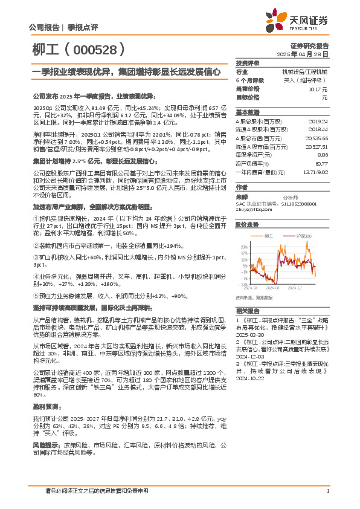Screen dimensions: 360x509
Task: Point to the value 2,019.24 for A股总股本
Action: (319, 121)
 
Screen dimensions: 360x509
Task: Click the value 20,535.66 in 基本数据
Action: (318, 138)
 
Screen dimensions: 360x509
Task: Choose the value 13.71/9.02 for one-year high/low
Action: (317, 172)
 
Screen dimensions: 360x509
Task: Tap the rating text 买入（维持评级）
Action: (310, 80)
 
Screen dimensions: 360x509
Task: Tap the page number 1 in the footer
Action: (327, 491)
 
